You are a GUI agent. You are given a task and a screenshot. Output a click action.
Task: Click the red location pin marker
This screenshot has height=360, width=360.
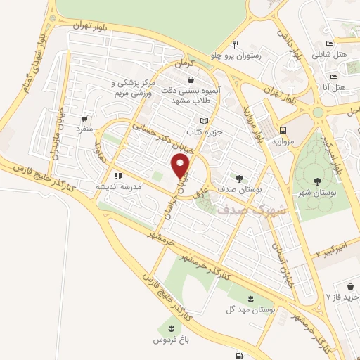coord(181,166)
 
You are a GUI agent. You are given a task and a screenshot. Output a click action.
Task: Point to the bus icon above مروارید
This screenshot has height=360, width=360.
coord(283,130)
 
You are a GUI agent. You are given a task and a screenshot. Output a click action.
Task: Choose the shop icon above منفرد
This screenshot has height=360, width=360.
coord(85,119)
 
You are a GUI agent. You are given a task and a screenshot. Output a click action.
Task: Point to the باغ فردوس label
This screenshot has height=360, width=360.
coord(169,340)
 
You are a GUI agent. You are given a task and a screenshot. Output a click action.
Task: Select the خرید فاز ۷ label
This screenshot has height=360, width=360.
coord(342,297)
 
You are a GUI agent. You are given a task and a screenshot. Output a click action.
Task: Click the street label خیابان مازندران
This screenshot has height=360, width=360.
coord(52,132)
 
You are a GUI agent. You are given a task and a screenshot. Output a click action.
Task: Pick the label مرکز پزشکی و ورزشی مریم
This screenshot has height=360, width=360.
coord(140,89)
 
